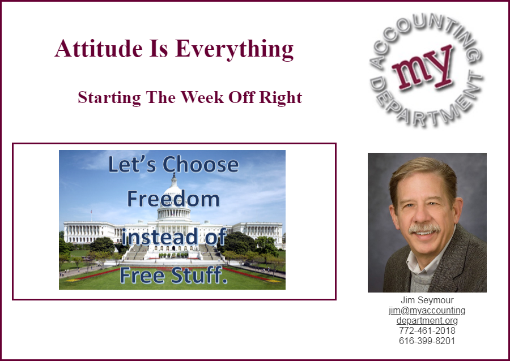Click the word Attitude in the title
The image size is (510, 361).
99,49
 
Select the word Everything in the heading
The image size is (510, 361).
234,49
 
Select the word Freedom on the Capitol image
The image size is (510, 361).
173,199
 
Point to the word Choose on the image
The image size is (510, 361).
201,164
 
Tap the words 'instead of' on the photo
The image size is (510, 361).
174,237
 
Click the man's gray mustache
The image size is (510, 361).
424,228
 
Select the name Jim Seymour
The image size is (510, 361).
427,300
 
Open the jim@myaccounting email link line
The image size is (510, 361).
427,310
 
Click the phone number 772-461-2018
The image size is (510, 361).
427,330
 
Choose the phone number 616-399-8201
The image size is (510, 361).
427,341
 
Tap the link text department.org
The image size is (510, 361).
427,321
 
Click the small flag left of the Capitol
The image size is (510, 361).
91,212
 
